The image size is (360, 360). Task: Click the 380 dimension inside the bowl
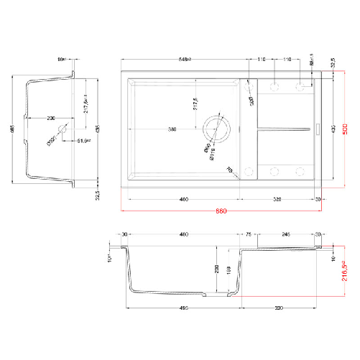[x=172, y=129]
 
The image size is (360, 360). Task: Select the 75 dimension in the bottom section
[x=249, y=234]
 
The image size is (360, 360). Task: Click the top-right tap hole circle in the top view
[x=301, y=86]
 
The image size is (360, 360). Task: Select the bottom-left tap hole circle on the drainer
[x=249, y=171]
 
